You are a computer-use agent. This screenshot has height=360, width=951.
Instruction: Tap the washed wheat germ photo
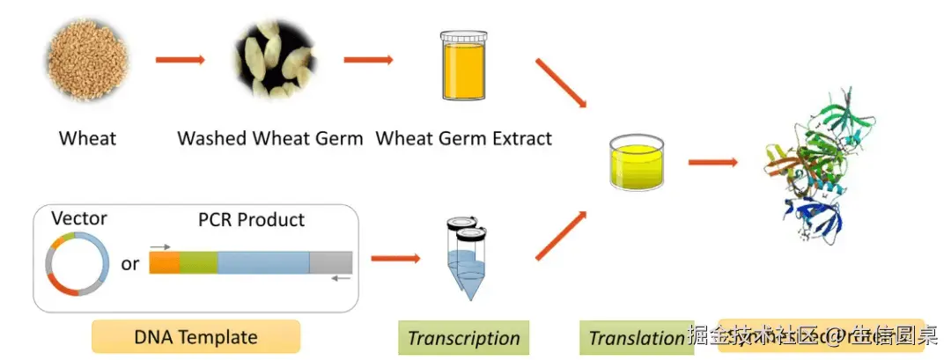coord(275,60)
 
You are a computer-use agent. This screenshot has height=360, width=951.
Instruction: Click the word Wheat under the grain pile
coord(87,138)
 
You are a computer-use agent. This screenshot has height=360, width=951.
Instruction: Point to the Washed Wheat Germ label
coord(269,138)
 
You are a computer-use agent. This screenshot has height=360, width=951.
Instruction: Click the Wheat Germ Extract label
coord(464,138)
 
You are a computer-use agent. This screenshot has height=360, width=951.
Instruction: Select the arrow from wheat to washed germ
coord(180,60)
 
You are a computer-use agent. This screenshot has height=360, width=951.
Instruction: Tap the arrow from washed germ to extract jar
coord(367,60)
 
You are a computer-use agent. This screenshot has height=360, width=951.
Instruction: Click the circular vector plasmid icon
coord(77,263)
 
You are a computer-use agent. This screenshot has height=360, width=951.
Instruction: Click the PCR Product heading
coord(250,219)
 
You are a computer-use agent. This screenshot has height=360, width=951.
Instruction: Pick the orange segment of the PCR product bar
coord(165,262)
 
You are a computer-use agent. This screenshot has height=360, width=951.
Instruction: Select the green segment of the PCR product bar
coord(199,262)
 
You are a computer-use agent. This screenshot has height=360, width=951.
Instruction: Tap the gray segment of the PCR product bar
coord(331,262)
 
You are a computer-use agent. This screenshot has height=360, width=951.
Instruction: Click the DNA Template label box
coord(195,336)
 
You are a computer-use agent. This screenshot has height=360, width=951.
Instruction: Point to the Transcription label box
coord(464,338)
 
